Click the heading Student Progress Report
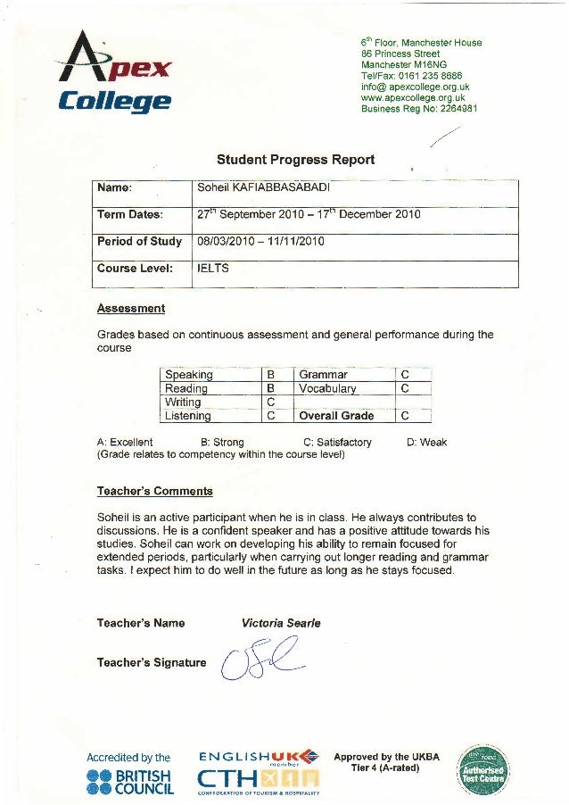[x=296, y=161]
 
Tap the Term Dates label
[x=130, y=215]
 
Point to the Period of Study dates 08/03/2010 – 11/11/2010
[x=260, y=242]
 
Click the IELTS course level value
[x=213, y=267]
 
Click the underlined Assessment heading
[x=131, y=309]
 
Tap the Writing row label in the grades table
[x=184, y=402]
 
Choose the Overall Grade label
[x=336, y=416]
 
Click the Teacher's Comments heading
[x=154, y=491]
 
